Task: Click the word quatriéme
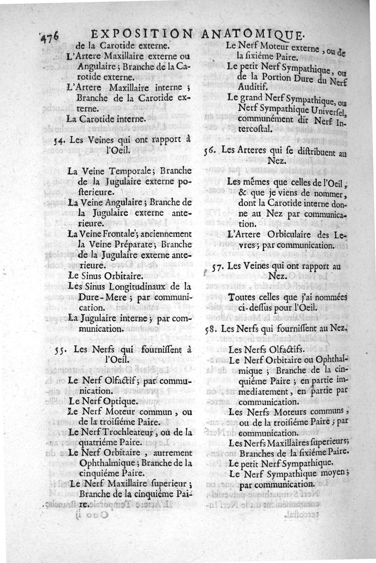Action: point(100,442)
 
